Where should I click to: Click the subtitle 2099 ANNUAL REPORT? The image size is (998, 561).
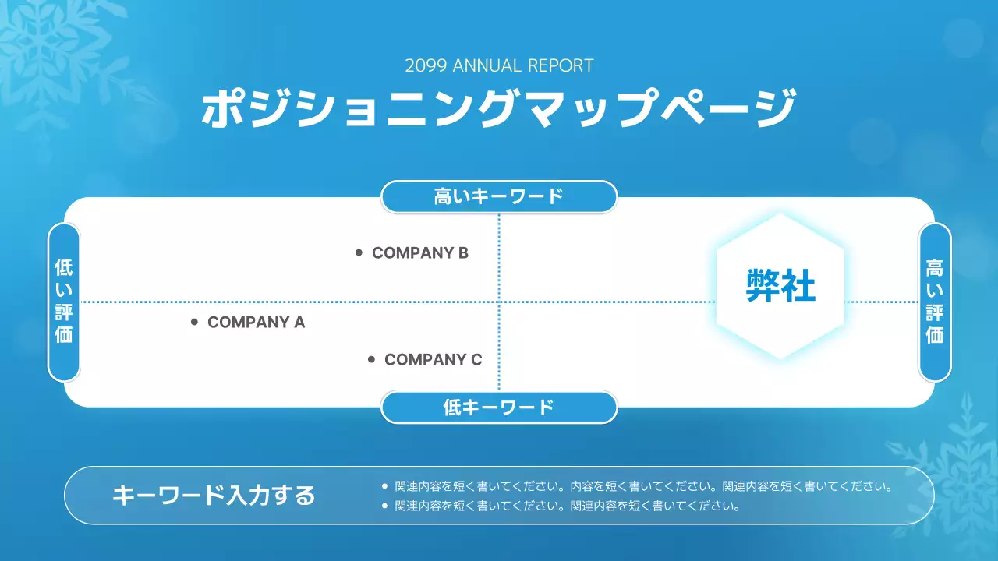(x=499, y=65)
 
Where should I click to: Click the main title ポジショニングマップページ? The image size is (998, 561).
(x=499, y=108)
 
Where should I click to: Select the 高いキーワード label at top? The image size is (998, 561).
(x=499, y=196)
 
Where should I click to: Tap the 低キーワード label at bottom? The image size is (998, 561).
(x=499, y=408)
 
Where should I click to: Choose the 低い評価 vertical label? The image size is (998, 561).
(x=64, y=302)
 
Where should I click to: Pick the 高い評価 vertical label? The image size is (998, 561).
(x=934, y=302)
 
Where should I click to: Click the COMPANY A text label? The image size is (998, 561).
(x=256, y=323)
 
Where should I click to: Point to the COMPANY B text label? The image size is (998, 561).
(x=420, y=253)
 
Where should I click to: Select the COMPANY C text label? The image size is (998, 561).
(x=433, y=360)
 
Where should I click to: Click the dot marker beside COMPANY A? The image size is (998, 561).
(x=194, y=322)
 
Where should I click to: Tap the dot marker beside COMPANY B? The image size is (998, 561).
(x=359, y=252)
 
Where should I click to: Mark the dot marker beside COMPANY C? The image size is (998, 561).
(x=371, y=359)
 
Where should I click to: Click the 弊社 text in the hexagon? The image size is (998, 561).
(x=780, y=286)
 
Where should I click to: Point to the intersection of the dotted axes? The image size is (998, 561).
(x=499, y=302)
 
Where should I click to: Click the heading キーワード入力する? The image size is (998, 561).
(x=214, y=496)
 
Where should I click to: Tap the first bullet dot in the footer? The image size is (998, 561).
(x=384, y=486)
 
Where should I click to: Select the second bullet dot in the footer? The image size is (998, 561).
(x=384, y=506)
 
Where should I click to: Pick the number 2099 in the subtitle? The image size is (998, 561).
(x=426, y=65)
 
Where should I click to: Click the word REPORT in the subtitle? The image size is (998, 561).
(x=561, y=65)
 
